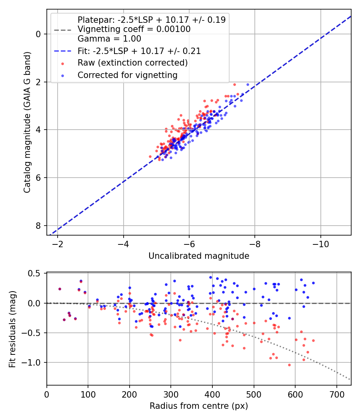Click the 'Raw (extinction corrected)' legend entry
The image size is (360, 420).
(132, 63)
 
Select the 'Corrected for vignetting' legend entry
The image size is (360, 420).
(127, 75)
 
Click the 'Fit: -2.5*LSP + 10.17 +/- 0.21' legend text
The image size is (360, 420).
(139, 51)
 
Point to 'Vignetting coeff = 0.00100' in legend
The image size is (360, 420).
(134, 29)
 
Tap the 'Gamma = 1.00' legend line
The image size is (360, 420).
(109, 39)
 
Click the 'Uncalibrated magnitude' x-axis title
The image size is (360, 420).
(199, 256)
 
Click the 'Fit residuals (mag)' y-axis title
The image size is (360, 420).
(12, 329)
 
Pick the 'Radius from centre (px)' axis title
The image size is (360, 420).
(199, 406)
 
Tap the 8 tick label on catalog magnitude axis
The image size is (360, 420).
(38, 226)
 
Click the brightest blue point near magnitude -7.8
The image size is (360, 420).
(248, 84)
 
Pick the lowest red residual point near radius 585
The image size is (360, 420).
(289, 365)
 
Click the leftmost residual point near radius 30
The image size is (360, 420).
(60, 289)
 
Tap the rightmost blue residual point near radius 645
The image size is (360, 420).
(313, 283)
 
